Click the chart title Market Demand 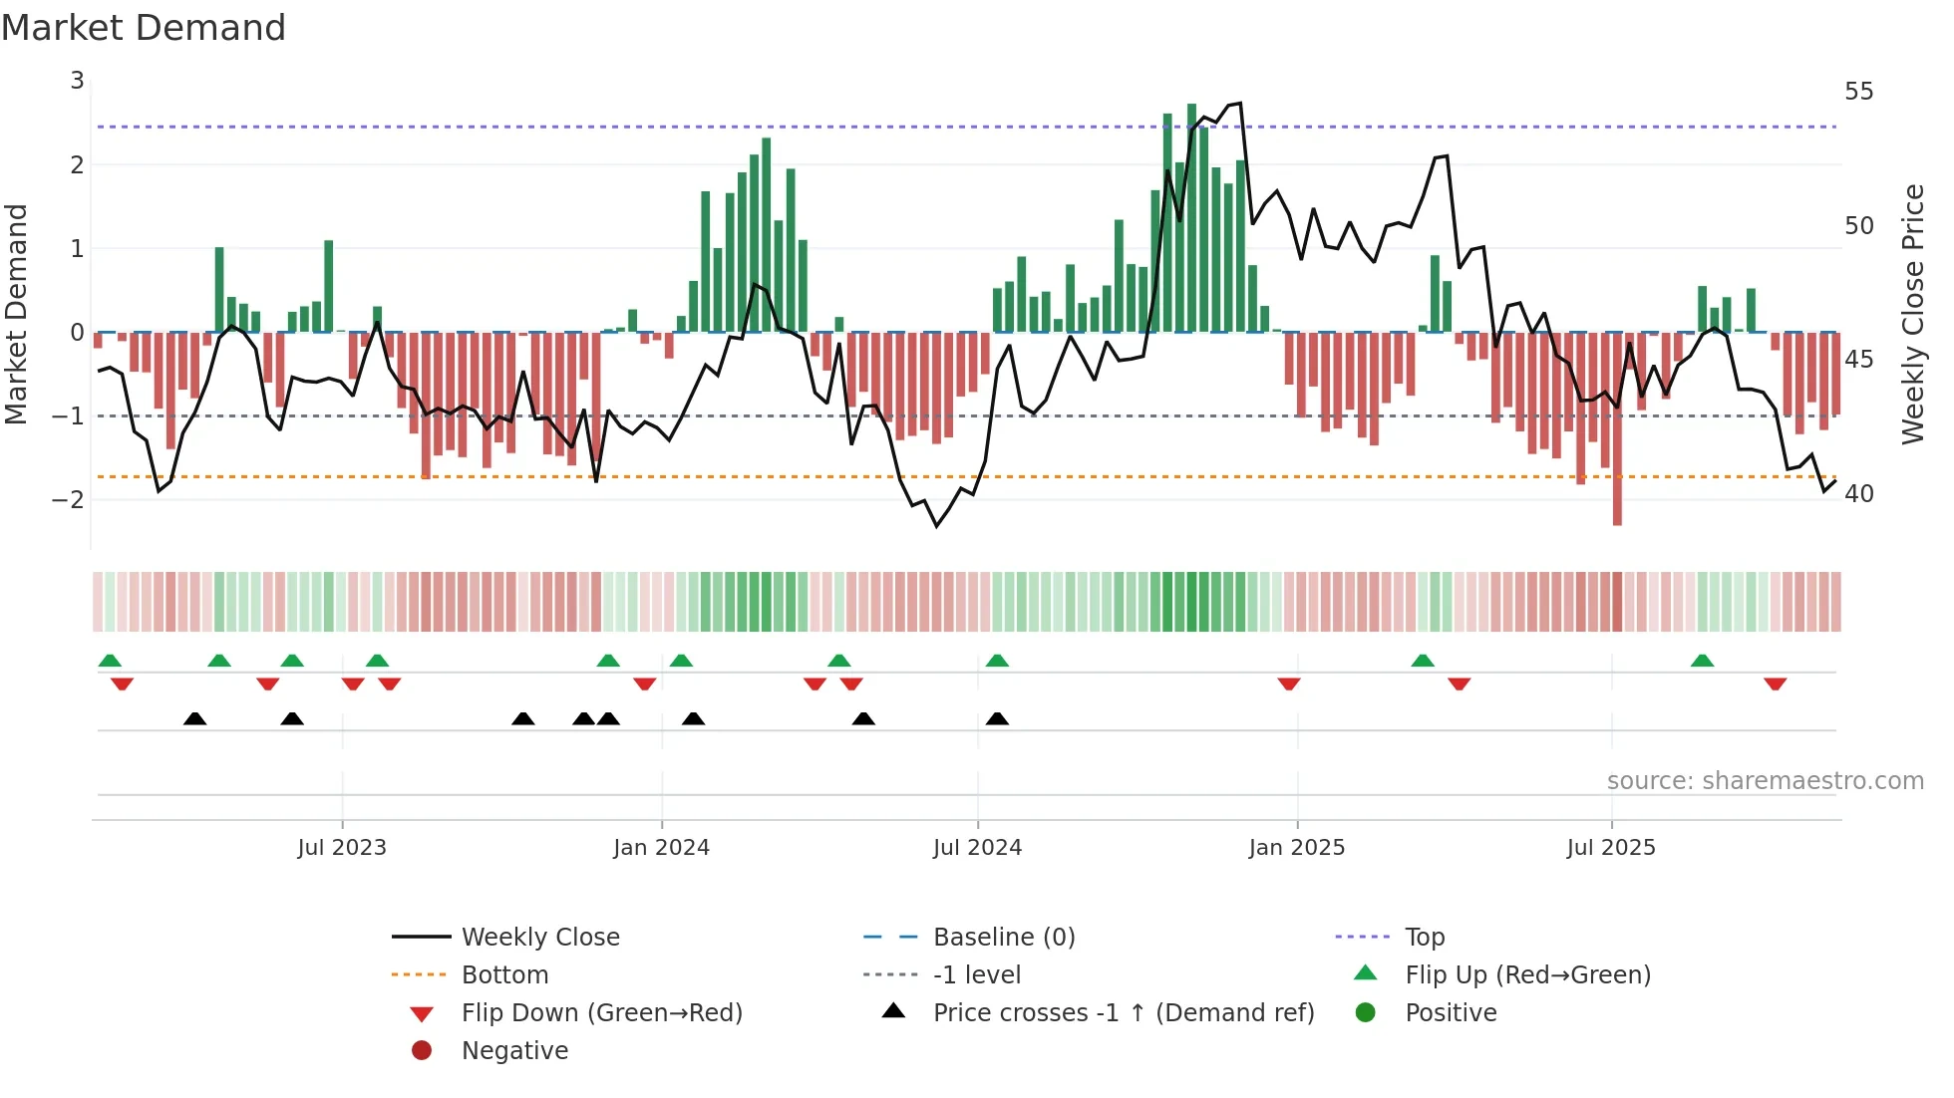pyautogui.click(x=144, y=27)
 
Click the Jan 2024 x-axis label pyautogui.click(x=661, y=848)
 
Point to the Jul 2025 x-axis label pyautogui.click(x=1610, y=848)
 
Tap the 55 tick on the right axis pyautogui.click(x=1858, y=92)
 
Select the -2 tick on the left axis pyautogui.click(x=69, y=499)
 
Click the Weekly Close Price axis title pyautogui.click(x=1912, y=314)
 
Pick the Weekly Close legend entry pyautogui.click(x=539, y=938)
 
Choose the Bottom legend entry pyautogui.click(x=504, y=975)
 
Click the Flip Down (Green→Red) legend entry pyautogui.click(x=601, y=1013)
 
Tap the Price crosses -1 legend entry pyautogui.click(x=1123, y=1013)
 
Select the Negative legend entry pyautogui.click(x=514, y=1051)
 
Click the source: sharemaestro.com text pyautogui.click(x=1765, y=781)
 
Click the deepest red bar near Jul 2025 pyautogui.click(x=1617, y=428)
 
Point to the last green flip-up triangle pyautogui.click(x=1702, y=661)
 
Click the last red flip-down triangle pyautogui.click(x=1775, y=684)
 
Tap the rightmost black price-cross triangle pyautogui.click(x=997, y=718)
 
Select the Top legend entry pyautogui.click(x=1424, y=938)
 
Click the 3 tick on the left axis pyautogui.click(x=77, y=81)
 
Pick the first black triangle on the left pyautogui.click(x=195, y=718)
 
